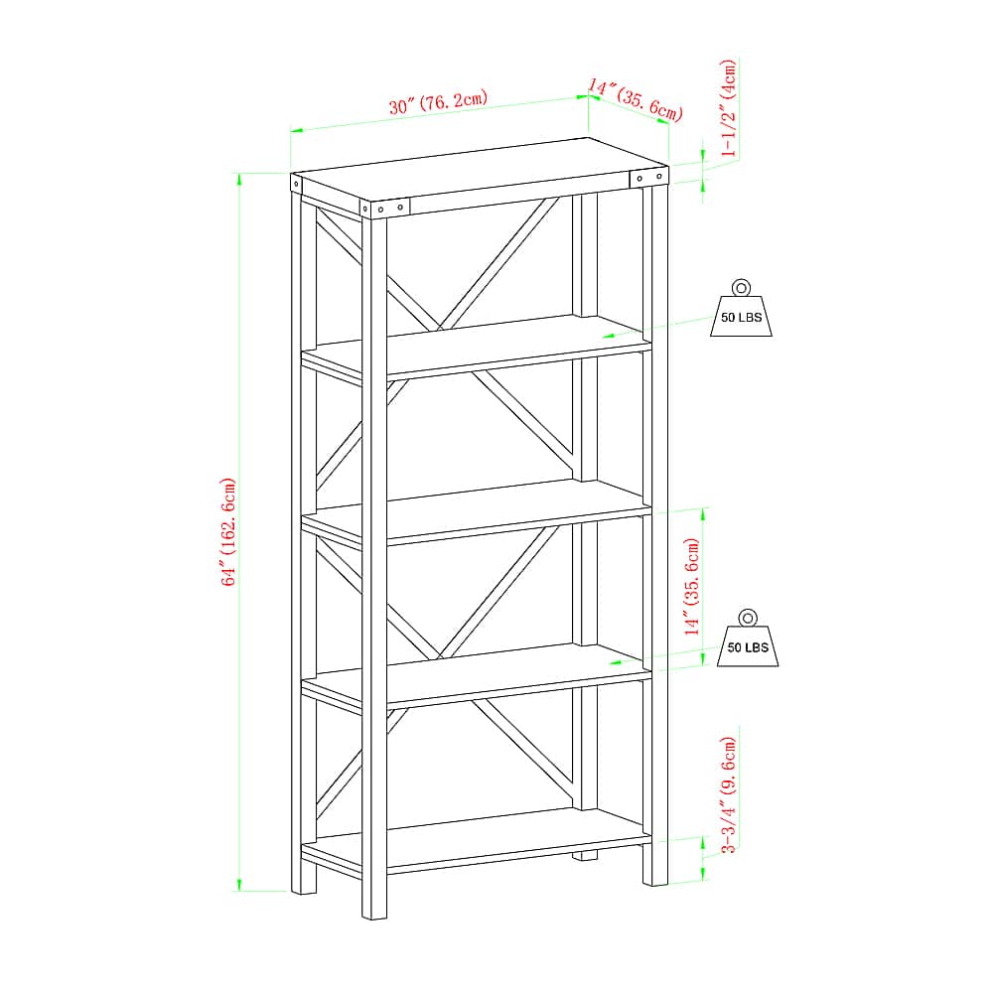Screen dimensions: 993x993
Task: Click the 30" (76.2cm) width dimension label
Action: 438,102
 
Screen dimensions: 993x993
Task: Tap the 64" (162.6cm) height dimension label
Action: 228,532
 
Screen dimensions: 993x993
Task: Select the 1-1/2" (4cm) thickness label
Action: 729,108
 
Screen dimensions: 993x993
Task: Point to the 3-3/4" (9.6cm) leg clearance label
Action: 729,794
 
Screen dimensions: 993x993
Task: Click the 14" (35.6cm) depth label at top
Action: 636,99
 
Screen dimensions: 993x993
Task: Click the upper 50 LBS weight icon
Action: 741,308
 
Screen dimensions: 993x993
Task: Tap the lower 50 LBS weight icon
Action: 748,638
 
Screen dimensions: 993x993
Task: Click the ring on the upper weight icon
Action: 741,288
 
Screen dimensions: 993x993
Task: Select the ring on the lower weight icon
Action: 748,618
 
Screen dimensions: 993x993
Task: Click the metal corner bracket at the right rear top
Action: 649,177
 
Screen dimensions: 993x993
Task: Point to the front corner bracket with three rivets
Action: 385,208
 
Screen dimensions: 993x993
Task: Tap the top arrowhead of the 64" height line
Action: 238,179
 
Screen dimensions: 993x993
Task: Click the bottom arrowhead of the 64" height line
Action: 238,885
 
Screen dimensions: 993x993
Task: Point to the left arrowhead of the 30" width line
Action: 297,130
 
